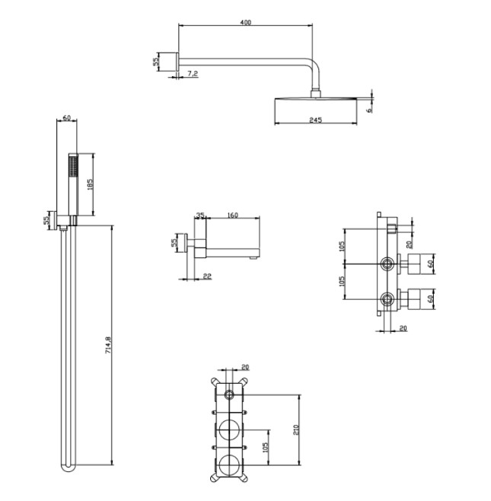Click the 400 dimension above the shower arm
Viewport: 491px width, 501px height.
[245, 22]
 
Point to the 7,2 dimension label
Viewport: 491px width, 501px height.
[193, 74]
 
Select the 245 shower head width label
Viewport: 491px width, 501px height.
[316, 120]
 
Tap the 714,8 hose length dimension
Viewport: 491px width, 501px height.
[107, 345]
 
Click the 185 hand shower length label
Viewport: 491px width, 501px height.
[90, 185]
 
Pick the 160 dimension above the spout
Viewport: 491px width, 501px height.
[233, 215]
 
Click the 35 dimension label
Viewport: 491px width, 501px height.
[200, 215]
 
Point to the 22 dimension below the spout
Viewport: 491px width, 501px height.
[207, 276]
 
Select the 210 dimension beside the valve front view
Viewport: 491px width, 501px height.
[295, 429]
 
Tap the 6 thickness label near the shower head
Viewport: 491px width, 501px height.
[370, 110]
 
